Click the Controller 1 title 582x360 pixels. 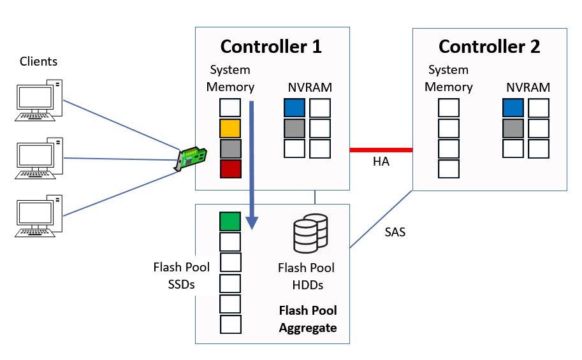[271, 47]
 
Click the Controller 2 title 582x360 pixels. [489, 47]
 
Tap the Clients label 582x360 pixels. [38, 62]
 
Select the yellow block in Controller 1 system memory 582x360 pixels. [230, 129]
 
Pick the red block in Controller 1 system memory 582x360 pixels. [230, 169]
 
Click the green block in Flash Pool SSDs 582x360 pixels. [230, 221]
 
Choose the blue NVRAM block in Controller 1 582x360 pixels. [295, 108]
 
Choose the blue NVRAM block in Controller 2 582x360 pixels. [513, 108]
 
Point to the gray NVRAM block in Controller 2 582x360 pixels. [513, 129]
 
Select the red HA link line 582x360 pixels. [381, 150]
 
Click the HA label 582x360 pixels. [381, 163]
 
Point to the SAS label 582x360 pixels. [395, 233]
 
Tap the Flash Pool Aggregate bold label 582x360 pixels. [308, 319]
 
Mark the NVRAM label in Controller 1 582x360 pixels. [309, 87]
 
